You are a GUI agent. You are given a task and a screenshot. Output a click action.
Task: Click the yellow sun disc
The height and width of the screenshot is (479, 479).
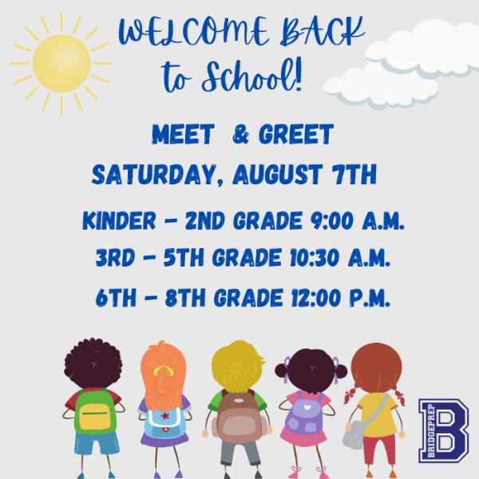(x=61, y=63)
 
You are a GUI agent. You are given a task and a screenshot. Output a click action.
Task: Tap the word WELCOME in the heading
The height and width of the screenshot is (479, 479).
(x=193, y=33)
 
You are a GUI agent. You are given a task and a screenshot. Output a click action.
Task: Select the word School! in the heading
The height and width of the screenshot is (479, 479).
(x=252, y=75)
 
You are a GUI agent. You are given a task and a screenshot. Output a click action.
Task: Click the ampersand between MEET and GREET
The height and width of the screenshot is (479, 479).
(x=240, y=134)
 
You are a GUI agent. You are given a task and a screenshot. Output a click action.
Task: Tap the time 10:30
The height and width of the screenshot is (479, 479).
(x=315, y=258)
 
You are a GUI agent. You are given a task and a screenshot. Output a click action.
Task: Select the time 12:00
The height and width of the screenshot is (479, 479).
(x=316, y=298)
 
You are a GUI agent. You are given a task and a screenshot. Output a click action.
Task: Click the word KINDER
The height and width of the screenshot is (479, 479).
(x=119, y=220)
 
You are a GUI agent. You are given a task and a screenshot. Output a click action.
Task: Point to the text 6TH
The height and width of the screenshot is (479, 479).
(x=116, y=298)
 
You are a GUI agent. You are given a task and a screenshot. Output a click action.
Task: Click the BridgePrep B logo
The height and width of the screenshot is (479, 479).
(x=444, y=430)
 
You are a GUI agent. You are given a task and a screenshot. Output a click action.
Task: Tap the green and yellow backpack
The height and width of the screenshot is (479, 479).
(x=95, y=410)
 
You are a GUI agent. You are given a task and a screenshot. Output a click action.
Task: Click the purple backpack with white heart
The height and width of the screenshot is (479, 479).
(x=305, y=415)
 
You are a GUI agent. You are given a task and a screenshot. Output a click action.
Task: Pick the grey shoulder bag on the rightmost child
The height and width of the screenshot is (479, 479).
(x=354, y=434)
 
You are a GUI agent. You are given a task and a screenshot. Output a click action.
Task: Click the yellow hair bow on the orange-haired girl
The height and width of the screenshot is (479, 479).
(x=164, y=370)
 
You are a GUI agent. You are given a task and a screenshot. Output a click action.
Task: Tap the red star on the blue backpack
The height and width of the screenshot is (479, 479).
(x=165, y=415)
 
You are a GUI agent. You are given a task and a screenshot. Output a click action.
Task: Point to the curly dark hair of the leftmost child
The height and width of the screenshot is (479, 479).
(x=93, y=362)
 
